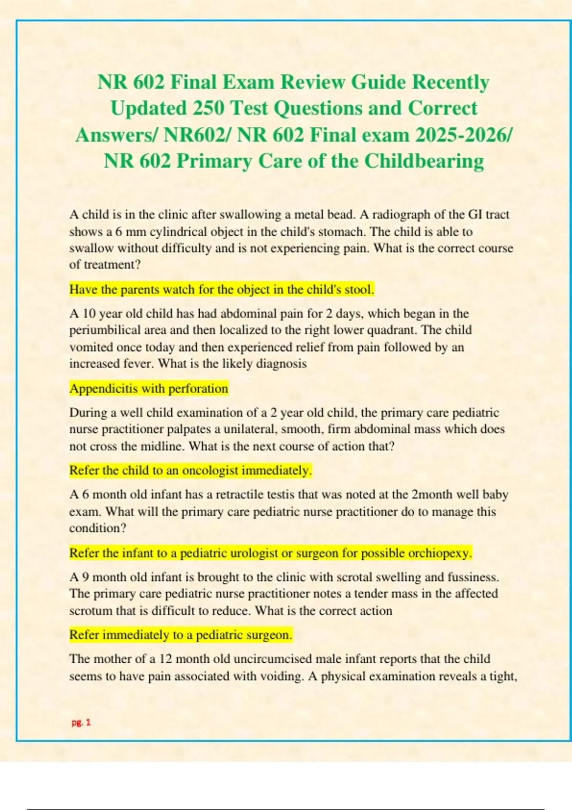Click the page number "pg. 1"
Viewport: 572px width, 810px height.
click(81, 722)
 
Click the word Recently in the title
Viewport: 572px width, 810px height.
click(450, 82)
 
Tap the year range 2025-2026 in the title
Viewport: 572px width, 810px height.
click(461, 135)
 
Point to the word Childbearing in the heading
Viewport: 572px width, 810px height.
click(424, 161)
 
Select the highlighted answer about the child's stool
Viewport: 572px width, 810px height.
click(222, 289)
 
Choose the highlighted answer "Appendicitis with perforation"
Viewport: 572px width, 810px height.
click(149, 388)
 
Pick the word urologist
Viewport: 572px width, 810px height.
click(262, 553)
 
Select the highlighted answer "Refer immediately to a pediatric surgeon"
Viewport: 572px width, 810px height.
click(181, 635)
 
